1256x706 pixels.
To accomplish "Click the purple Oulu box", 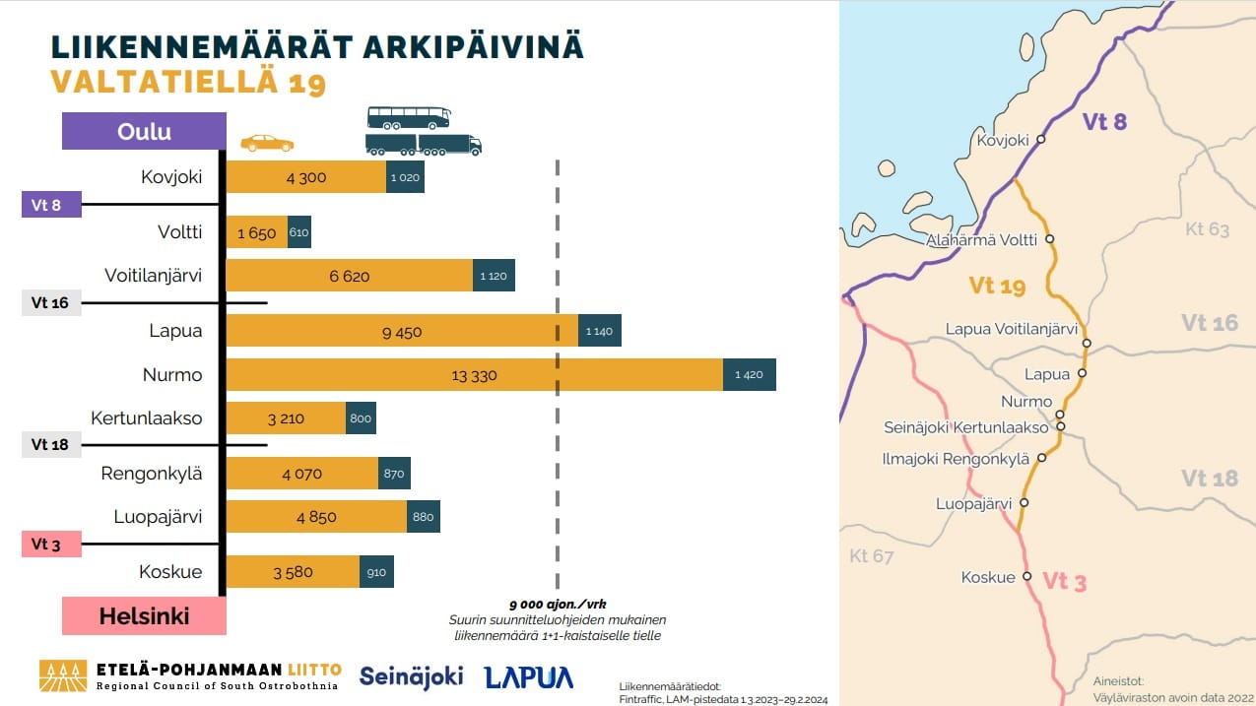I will (144, 132).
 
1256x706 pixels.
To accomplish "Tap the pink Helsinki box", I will (144, 616).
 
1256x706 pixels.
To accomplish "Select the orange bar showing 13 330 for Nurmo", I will (475, 375).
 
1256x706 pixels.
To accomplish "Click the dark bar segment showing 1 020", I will (405, 177).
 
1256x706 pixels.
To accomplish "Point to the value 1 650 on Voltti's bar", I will (257, 233).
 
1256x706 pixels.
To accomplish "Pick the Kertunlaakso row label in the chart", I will (146, 418).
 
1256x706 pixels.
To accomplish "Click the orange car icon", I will (267, 144).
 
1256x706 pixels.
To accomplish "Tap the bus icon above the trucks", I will (409, 118).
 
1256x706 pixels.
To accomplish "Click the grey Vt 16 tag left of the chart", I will (50, 303).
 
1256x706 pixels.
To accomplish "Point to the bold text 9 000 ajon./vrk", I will (558, 604).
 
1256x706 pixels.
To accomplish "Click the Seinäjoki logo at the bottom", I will (411, 676).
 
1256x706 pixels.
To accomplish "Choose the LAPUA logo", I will (529, 676).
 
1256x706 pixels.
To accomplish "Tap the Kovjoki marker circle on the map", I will (1040, 140).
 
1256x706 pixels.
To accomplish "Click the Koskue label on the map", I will (988, 578).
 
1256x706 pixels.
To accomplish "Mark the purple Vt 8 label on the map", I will (1104, 122).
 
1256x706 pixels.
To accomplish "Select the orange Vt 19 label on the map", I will (997, 287).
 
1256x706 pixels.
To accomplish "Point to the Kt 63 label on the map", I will (1207, 229).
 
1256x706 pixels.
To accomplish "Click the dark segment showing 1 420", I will (750, 375).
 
